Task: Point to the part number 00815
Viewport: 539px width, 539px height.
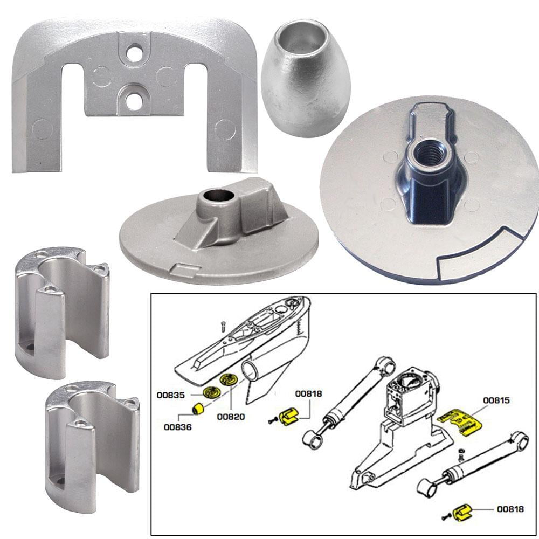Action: [496, 400]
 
